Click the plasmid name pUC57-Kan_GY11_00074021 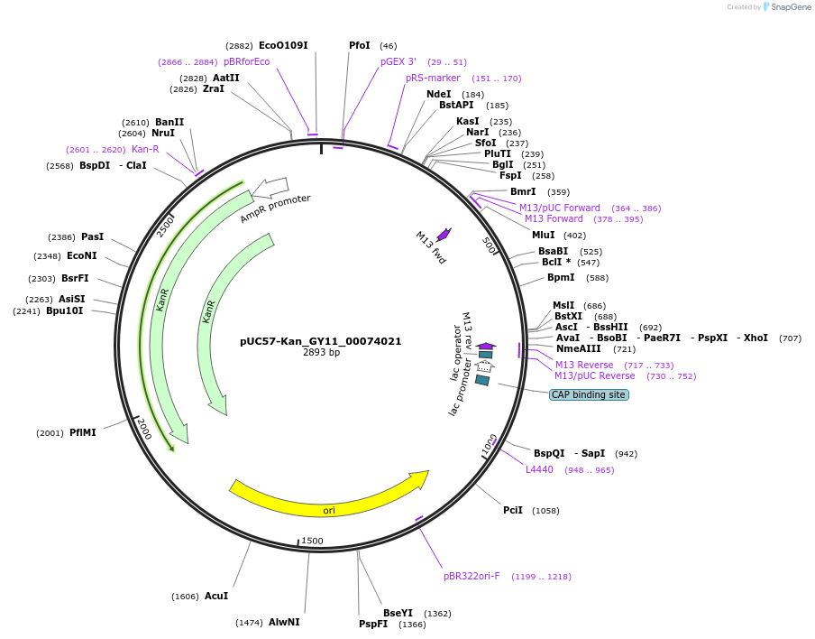pos(320,341)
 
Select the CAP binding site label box pos(589,394)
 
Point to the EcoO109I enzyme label pos(283,45)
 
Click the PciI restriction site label pos(513,510)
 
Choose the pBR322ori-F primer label pos(472,576)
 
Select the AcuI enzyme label pos(216,596)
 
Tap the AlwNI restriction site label pos(284,622)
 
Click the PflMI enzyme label pos(82,432)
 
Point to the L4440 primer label pos(539,469)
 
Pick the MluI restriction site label pos(544,235)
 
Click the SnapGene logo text pos(791,7)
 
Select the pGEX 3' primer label pos(398,61)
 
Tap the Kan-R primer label pos(145,149)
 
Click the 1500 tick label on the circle pos(312,541)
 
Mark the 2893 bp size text pos(321,353)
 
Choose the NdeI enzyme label pos(438,94)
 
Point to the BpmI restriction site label pos(560,277)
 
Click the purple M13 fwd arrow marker pos(443,234)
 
